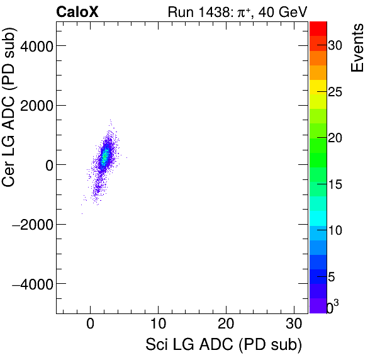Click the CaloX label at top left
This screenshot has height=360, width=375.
point(77,11)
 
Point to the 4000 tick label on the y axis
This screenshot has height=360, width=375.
point(35,45)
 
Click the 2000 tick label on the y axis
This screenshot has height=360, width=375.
point(35,105)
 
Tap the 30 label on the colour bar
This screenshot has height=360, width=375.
point(335,45)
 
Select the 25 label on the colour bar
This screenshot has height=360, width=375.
point(335,92)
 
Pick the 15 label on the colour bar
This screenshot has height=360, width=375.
point(335,184)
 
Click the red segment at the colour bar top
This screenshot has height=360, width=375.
point(318,28)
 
